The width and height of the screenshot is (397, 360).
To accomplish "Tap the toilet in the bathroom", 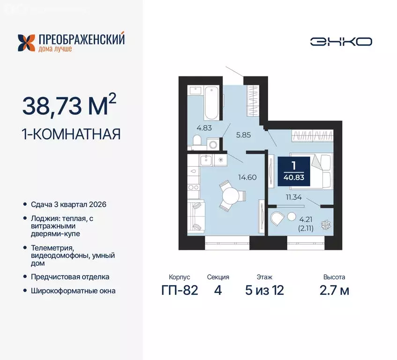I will click(x=197, y=140).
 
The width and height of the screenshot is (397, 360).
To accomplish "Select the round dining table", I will click(x=230, y=195).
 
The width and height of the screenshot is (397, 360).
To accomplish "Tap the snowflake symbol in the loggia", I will click(x=323, y=226).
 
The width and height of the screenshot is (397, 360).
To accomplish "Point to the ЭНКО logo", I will click(x=341, y=41).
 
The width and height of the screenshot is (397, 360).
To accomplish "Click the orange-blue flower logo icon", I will click(x=26, y=43).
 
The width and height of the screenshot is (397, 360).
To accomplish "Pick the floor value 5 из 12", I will click(x=264, y=290).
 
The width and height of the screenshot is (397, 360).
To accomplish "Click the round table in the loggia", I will click(x=292, y=217).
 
